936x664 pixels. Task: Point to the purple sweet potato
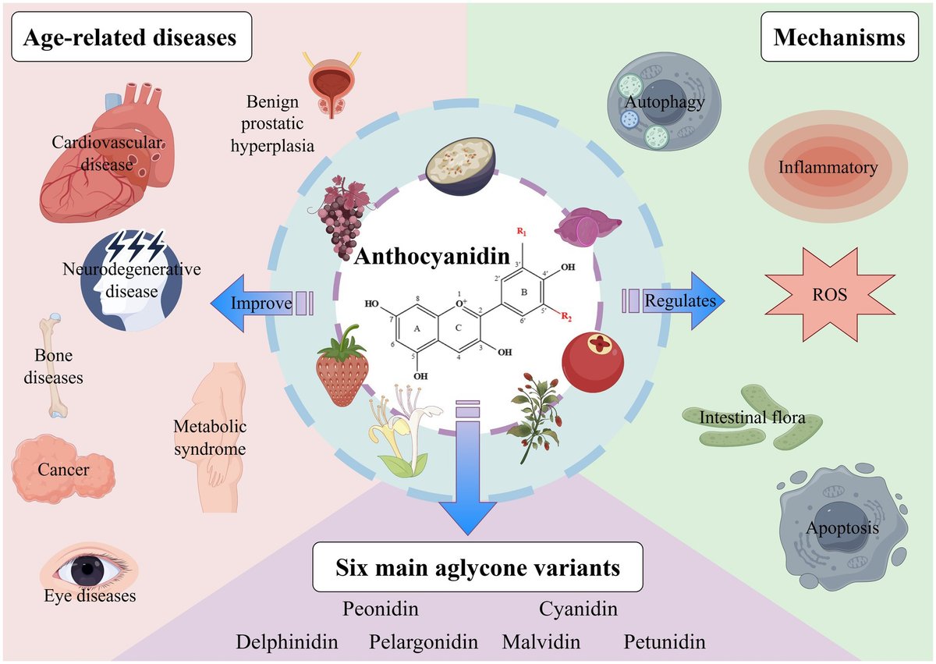(587, 227)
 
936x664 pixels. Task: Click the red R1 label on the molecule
(522, 231)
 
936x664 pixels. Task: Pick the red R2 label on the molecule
(566, 316)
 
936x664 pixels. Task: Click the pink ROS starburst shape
(829, 295)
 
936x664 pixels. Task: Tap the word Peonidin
(381, 609)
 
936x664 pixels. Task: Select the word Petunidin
(665, 641)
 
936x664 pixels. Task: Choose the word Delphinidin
(287, 641)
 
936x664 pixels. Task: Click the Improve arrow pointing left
(261, 303)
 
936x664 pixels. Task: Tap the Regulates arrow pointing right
(674, 301)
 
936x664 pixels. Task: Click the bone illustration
(55, 366)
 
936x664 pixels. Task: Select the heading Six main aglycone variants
(477, 567)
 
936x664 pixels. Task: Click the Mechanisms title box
(839, 37)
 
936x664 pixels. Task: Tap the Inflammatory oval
(828, 167)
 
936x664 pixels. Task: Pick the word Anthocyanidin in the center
(432, 256)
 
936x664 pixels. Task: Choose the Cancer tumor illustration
(62, 469)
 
